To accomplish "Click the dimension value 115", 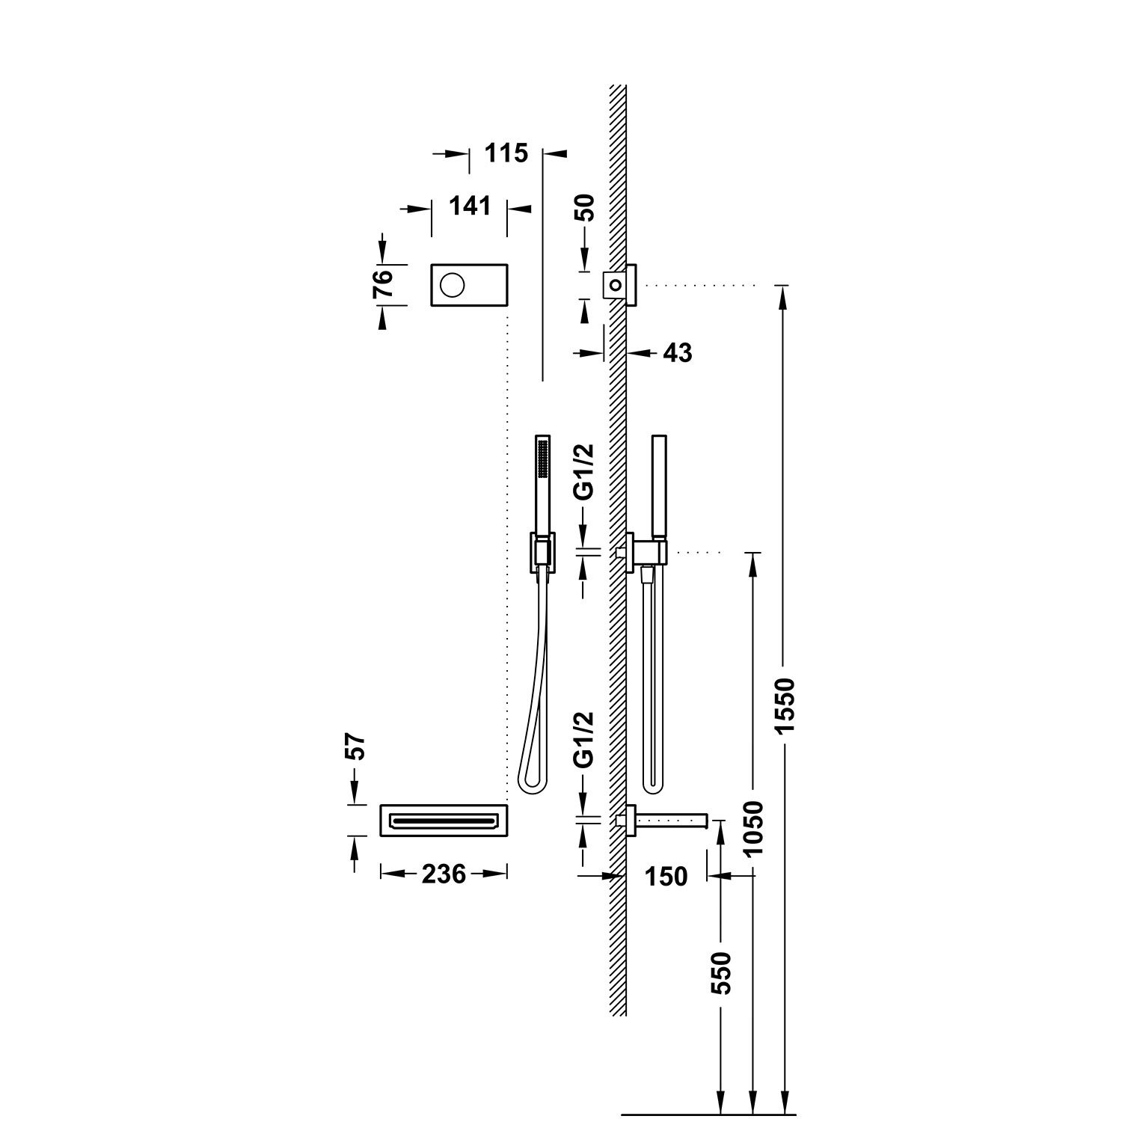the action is (x=506, y=153).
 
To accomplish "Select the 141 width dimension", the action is (x=470, y=205).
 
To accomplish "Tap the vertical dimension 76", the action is (x=382, y=284).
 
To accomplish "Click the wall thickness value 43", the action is (x=678, y=352).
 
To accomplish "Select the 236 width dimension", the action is (x=444, y=873).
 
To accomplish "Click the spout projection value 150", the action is (x=666, y=875).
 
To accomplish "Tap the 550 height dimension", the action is (x=720, y=972).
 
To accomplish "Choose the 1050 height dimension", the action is (x=754, y=829).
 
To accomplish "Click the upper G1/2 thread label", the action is (x=586, y=471).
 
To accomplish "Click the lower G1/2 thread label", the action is (x=586, y=739).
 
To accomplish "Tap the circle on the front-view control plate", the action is (x=453, y=284).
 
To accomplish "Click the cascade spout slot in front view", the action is (x=444, y=821).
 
